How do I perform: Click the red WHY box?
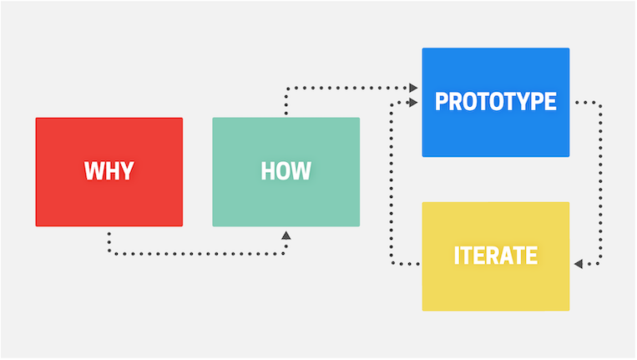tap(109, 172)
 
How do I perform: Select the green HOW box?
tap(286, 172)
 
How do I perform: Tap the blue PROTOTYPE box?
tap(496, 103)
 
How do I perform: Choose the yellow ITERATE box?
tap(496, 256)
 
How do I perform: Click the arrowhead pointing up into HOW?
tap(286, 236)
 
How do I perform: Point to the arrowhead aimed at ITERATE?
tap(579, 264)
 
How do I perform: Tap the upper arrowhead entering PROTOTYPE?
tap(413, 88)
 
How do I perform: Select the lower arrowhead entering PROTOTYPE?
tap(413, 103)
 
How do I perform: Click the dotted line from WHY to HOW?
tap(197, 254)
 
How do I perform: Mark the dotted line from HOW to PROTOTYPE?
tap(346, 88)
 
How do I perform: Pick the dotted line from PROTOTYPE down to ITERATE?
tap(600, 183)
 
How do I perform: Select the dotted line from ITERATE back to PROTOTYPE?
tap(391, 183)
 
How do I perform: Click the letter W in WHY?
tap(94, 170)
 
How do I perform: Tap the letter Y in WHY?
tap(127, 170)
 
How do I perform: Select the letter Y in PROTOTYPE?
tap(522, 101)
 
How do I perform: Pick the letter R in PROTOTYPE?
tap(456, 101)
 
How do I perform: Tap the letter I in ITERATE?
tap(457, 256)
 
